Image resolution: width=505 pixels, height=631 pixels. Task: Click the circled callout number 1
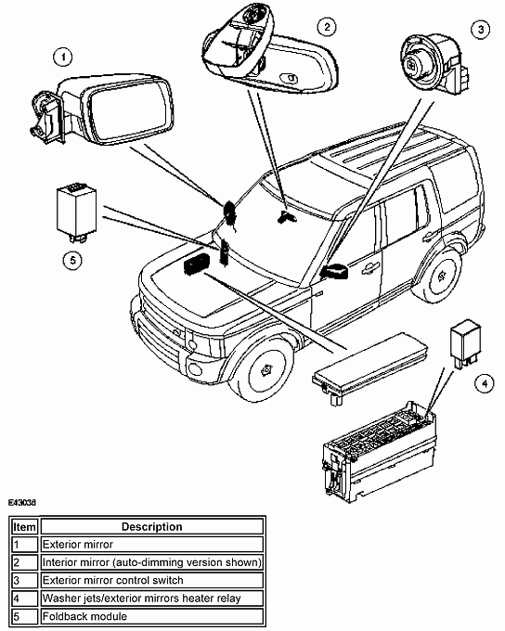point(63,57)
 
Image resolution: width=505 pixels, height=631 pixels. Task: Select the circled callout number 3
point(480,29)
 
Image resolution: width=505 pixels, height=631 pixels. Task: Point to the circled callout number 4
point(481,380)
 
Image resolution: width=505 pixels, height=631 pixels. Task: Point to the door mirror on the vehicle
point(333,270)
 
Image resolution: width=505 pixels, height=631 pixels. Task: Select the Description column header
point(151,526)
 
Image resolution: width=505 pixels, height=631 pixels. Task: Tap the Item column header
point(23,526)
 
